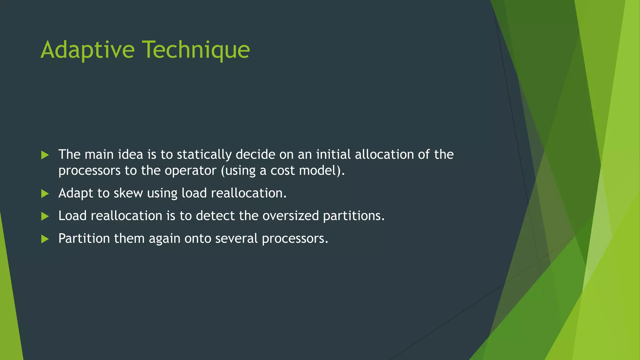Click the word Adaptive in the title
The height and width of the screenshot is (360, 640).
[x=87, y=50]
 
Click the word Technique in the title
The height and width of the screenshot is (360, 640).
[x=196, y=50]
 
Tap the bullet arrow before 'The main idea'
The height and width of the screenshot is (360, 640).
[x=45, y=155]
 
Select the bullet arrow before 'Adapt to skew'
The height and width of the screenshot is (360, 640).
[x=45, y=194]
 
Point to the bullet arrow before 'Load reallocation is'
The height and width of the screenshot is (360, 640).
[x=45, y=216]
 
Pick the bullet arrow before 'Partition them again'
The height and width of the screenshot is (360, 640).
[x=45, y=239]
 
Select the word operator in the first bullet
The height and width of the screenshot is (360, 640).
[x=191, y=171]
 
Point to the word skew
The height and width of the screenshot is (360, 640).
[x=128, y=193]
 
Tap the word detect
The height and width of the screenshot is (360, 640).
[x=215, y=216]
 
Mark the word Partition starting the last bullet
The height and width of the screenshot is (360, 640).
[x=84, y=239]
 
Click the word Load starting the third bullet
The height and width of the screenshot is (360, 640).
[x=72, y=216]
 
